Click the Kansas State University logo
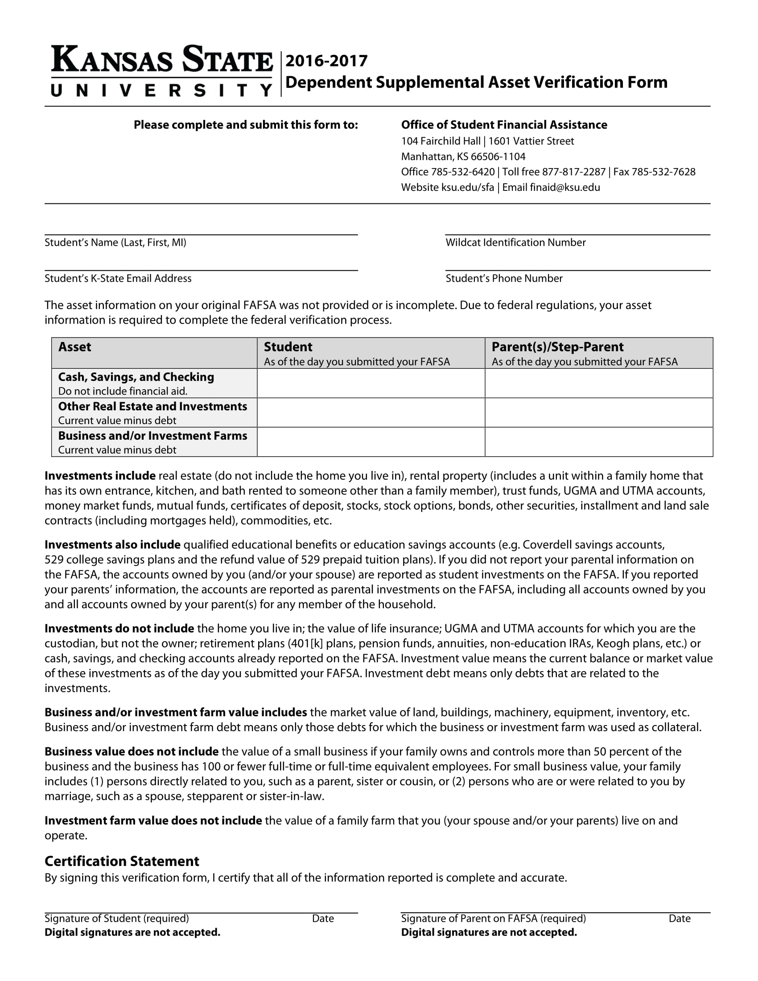pos(162,71)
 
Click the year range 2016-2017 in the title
pos(326,61)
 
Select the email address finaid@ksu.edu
pos(564,187)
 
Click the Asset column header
pos(74,347)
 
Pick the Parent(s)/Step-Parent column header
pos(557,347)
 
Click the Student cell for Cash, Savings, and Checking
pos(371,383)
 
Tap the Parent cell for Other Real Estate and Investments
pos(598,412)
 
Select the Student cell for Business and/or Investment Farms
pos(371,442)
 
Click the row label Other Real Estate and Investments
pos(152,407)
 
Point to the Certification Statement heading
pos(122,861)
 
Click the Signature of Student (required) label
pos(117,919)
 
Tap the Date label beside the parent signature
pos(679,919)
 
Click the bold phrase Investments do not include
pos(119,628)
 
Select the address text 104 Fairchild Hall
pos(441,141)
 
